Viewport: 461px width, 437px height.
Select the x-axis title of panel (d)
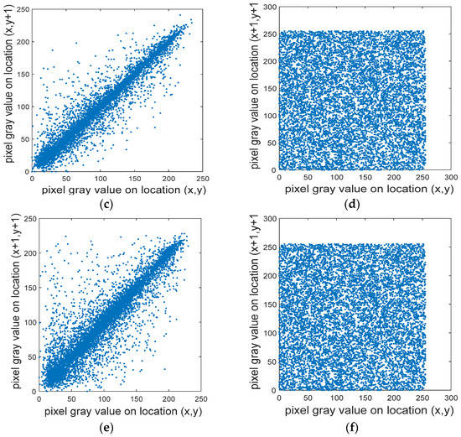pyautogui.click(x=355, y=190)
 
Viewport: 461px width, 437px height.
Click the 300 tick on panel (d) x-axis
pyautogui.click(x=449, y=178)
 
